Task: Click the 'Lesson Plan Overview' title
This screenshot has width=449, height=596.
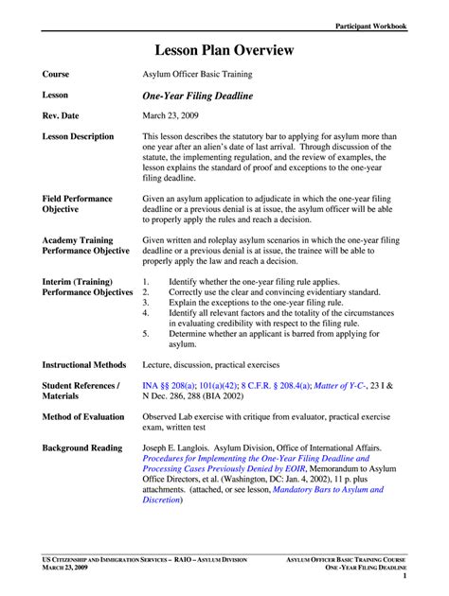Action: point(224,50)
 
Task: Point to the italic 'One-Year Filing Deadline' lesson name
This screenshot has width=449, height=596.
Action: point(198,95)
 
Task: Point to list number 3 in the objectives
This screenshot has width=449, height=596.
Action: point(146,303)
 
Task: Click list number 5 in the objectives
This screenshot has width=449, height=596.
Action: point(146,333)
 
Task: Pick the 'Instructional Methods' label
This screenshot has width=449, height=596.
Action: point(84,364)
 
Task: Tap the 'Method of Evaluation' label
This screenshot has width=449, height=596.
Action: point(82,416)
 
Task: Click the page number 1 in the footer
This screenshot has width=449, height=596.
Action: point(404,575)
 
